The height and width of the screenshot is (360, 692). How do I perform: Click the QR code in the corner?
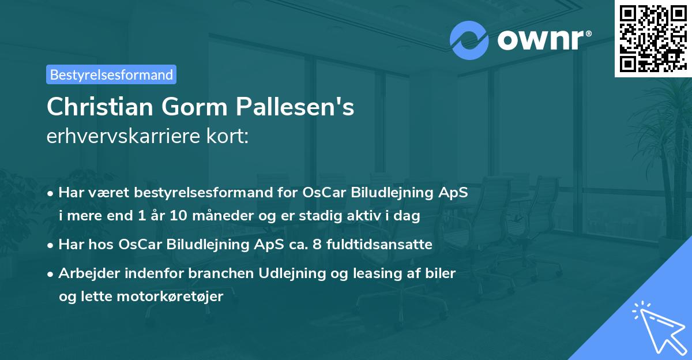[x=653, y=39]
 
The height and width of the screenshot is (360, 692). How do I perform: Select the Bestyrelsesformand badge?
[x=111, y=74]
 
